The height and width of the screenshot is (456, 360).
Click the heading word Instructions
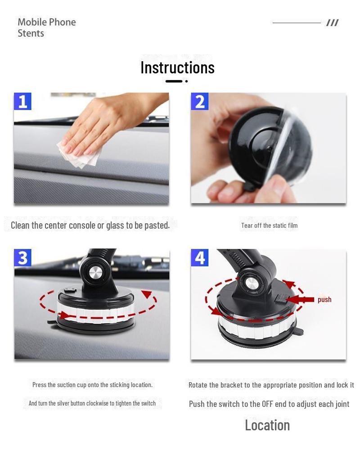pyautogui.click(x=177, y=68)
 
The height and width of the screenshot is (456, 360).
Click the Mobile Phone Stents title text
pyautogui.click(x=46, y=27)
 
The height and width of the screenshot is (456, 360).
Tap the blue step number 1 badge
pyautogui.click(x=22, y=101)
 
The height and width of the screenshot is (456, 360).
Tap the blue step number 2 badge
pyautogui.click(x=199, y=101)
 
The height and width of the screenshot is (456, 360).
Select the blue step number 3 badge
pyautogui.click(x=22, y=258)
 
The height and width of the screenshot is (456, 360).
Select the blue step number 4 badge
pyautogui.click(x=199, y=258)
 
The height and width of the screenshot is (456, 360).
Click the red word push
pyautogui.click(x=324, y=300)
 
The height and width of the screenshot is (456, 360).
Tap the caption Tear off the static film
pyautogui.click(x=269, y=226)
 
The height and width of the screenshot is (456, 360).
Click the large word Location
pyautogui.click(x=267, y=425)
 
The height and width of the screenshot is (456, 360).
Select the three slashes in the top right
pyautogui.click(x=332, y=23)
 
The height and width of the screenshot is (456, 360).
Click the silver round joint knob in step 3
pyautogui.click(x=95, y=273)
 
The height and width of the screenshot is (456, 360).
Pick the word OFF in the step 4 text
pyautogui.click(x=267, y=404)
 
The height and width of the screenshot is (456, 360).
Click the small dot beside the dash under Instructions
pyautogui.click(x=186, y=81)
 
